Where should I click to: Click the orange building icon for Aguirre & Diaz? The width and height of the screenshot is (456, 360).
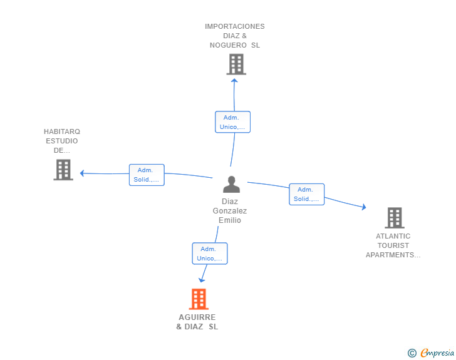(199, 299)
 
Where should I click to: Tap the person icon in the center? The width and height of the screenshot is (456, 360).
(232, 184)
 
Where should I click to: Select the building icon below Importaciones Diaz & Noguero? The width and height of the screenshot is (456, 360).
(236, 64)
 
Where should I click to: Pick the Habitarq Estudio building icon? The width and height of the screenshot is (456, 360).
(63, 170)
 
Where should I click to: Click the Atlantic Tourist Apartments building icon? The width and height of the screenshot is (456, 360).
(395, 218)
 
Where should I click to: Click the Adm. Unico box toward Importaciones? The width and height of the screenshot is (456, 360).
(232, 122)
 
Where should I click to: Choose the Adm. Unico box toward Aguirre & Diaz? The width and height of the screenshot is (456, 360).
(210, 254)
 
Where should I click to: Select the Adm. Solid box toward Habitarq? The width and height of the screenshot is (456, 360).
(147, 175)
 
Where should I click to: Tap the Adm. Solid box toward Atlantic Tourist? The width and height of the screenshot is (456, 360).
(306, 194)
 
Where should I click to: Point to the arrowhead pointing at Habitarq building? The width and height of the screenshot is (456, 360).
(82, 173)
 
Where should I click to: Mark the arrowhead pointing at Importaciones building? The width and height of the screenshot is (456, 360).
(234, 81)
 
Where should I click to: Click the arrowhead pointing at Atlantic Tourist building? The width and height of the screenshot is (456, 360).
(364, 207)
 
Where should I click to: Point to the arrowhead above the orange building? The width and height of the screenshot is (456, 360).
(202, 280)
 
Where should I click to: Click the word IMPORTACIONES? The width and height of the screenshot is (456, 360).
(235, 26)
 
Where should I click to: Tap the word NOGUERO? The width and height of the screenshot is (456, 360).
(228, 45)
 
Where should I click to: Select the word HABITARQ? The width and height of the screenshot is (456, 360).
(62, 131)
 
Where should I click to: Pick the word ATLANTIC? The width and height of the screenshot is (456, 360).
(393, 236)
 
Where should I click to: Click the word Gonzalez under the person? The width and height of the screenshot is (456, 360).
(230, 211)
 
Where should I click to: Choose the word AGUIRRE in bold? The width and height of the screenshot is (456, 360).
(197, 317)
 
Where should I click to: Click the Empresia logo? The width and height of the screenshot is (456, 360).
(431, 353)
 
